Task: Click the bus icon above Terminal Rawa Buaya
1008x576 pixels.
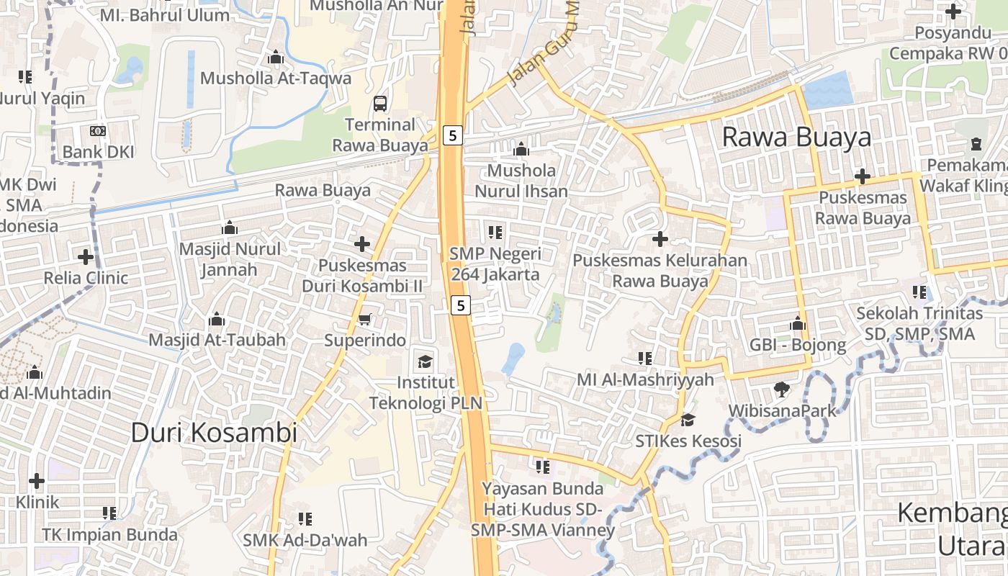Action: [380, 104]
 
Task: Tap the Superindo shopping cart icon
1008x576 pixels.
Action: [365, 319]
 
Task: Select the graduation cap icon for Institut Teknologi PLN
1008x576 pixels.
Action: [426, 361]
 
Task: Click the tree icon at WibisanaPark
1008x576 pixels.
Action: [781, 390]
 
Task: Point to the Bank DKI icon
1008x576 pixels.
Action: [98, 131]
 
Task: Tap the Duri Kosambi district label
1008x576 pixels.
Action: [214, 433]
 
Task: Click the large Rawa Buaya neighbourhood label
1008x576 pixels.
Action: [796, 137]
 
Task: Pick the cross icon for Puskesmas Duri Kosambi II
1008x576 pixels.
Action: [362, 244]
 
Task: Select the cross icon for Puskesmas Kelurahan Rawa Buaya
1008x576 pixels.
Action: [660, 238]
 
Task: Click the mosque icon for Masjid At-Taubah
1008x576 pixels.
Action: [217, 319]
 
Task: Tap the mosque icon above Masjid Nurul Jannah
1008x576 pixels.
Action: [230, 228]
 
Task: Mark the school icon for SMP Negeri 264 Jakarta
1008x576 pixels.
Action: [495, 232]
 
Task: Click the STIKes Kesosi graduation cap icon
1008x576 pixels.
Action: [688, 419]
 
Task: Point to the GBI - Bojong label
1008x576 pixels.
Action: [798, 345]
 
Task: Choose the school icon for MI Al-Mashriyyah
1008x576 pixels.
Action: [645, 358]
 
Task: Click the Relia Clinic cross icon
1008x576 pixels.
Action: [86, 256]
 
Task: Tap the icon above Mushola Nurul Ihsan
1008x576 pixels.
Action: [521, 150]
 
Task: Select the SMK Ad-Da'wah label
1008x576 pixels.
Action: [305, 539]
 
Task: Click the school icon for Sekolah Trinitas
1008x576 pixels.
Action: [919, 292]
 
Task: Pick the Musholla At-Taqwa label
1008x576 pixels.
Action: [275, 78]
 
